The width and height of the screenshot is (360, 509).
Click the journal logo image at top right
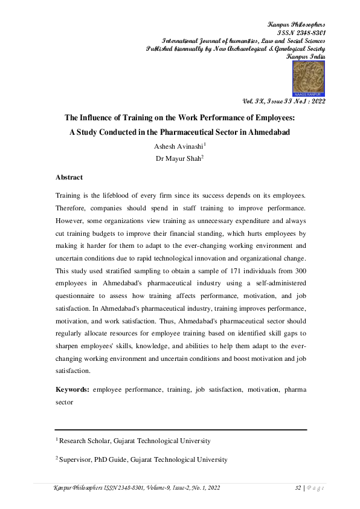click(x=309, y=79)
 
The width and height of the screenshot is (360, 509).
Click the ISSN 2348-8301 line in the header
click(x=301, y=32)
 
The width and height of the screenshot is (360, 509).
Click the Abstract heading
click(x=69, y=178)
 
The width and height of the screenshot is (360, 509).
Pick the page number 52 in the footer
click(x=297, y=487)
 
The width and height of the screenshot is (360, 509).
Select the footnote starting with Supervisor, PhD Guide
click(x=143, y=459)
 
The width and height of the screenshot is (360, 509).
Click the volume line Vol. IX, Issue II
click(x=283, y=103)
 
